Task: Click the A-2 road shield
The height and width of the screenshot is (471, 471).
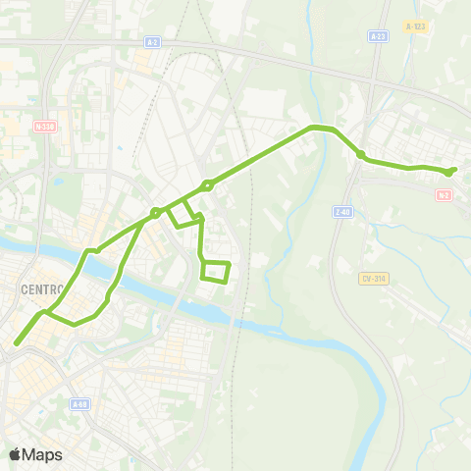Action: tap(152, 43)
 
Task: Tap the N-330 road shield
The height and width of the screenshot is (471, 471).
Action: tap(43, 127)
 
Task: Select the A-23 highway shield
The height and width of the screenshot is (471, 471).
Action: tap(378, 35)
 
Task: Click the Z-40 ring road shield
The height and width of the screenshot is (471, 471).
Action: tap(341, 211)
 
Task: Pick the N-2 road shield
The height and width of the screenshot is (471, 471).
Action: tap(445, 195)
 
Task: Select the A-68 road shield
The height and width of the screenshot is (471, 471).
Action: tap(80, 403)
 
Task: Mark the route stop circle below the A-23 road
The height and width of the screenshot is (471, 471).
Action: tap(361, 155)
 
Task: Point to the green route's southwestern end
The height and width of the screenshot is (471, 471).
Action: tap(17, 343)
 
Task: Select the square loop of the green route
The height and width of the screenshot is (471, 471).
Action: tap(215, 271)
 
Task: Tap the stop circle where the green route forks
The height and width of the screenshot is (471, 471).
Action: tap(155, 213)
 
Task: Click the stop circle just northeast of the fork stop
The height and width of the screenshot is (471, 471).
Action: tap(208, 184)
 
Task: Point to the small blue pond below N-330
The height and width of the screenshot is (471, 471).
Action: tap(58, 181)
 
